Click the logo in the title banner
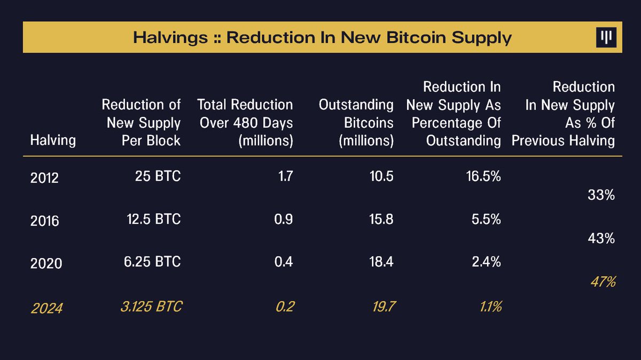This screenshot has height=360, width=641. pos(606,37)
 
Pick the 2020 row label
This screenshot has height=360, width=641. pos(46,264)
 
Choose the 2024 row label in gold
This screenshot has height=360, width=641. pos(46,308)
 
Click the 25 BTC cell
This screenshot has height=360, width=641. pos(158,177)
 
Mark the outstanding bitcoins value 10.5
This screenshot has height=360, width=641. pos(382,177)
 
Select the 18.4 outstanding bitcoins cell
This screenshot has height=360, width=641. pos(382,262)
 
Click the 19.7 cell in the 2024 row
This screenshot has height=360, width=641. pos(382,306)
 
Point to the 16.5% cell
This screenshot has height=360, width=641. pos(483,177)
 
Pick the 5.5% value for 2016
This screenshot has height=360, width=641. pos(487,220)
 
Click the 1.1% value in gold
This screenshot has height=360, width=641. pos(488,306)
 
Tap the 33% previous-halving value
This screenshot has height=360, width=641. pos(601,195)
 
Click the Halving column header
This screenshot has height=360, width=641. pos(53,141)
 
